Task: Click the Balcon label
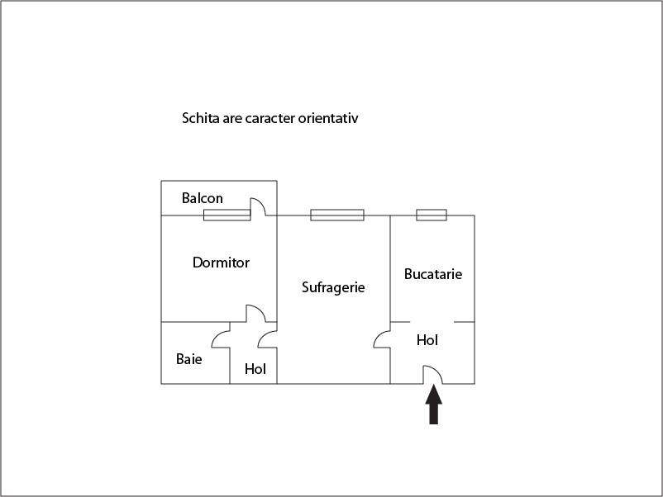click(202, 198)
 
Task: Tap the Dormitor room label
click(221, 263)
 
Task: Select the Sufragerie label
click(333, 287)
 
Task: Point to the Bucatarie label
click(432, 274)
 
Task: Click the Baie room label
click(188, 359)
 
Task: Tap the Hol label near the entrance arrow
click(427, 340)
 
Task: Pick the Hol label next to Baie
click(255, 369)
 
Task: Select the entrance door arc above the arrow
click(434, 375)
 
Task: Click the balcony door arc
click(258, 206)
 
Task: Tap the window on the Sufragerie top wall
click(336, 215)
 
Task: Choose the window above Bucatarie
click(431, 215)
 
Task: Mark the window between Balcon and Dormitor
click(227, 215)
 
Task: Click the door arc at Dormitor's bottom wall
click(255, 313)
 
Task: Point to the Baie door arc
click(221, 339)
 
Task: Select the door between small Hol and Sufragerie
click(267, 339)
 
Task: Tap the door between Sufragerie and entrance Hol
click(381, 339)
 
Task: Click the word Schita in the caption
click(199, 118)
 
